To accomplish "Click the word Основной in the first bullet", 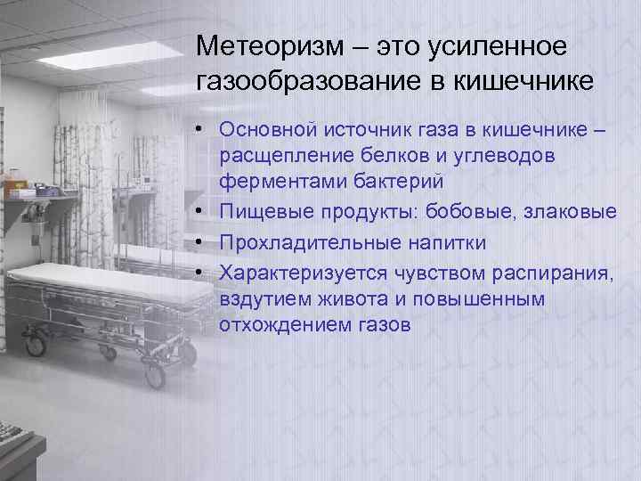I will pyautogui.click(x=268, y=130).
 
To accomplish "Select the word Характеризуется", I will pyautogui.click(x=295, y=272).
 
